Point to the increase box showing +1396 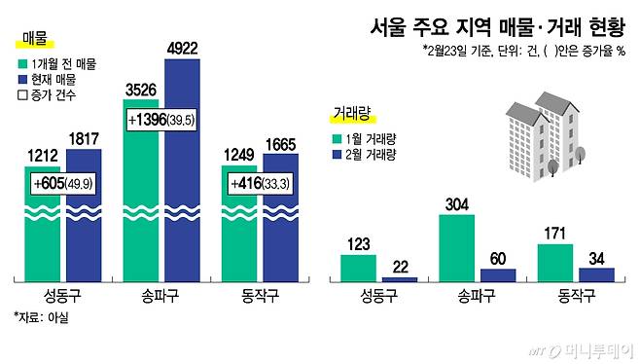click(x=160, y=120)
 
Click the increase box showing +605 click(x=62, y=183)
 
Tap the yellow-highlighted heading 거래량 click(x=352, y=115)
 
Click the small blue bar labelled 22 click(x=400, y=278)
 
